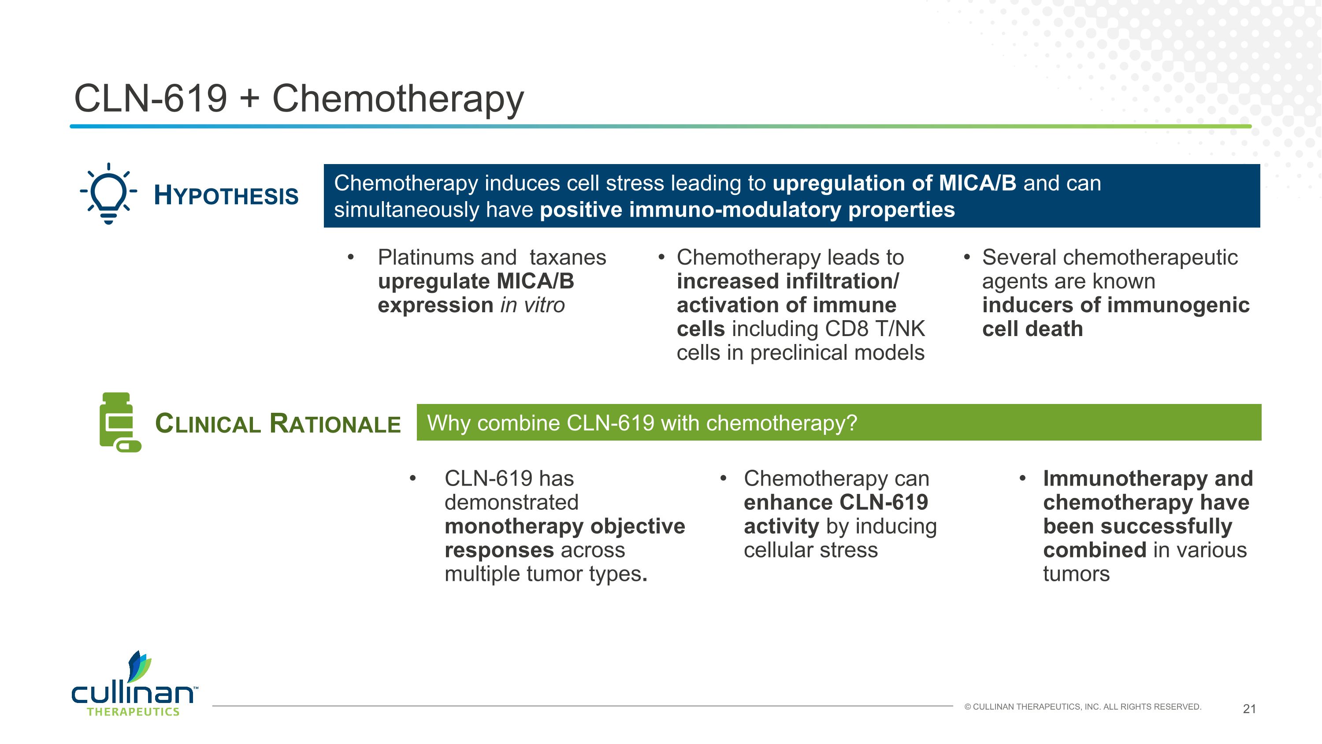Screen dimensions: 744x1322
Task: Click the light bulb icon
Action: (x=108, y=194)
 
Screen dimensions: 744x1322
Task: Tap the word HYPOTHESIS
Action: (x=226, y=196)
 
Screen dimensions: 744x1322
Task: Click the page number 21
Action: (x=1249, y=709)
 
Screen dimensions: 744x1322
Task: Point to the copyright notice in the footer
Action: (x=1082, y=707)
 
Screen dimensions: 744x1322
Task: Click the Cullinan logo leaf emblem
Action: (x=139, y=667)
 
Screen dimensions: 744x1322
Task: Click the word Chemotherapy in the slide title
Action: (x=398, y=99)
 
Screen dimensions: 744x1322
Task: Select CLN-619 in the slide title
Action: (x=150, y=99)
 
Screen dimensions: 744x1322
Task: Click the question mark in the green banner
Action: (x=852, y=423)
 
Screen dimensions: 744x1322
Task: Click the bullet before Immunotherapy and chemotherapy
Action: (x=1022, y=479)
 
